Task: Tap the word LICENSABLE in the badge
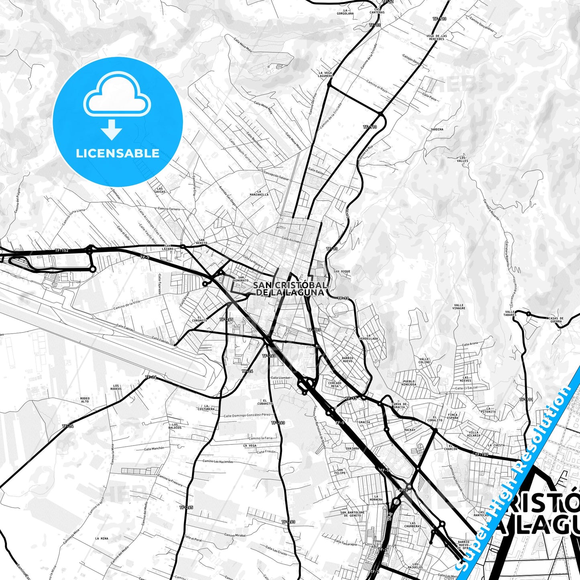click(118, 153)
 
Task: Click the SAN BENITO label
click(202, 241)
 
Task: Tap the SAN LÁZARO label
click(168, 247)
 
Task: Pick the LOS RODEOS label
click(116, 387)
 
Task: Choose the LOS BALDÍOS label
click(175, 426)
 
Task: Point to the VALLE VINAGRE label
click(459, 307)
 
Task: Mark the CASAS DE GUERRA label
click(556, 320)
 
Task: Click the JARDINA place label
click(437, 129)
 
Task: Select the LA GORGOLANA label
click(346, 12)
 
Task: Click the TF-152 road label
click(62, 250)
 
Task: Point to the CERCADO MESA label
click(335, 384)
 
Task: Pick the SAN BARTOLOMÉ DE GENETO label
click(352, 514)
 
